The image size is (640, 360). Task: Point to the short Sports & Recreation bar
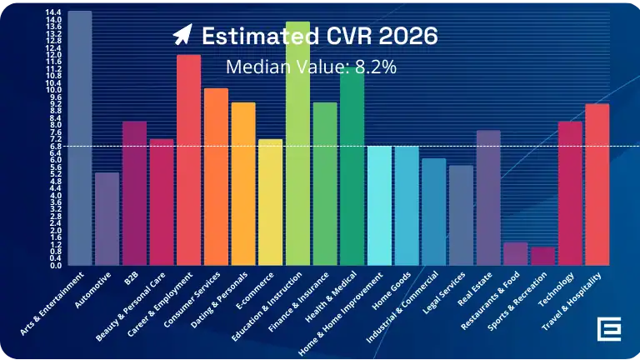coord(542,256)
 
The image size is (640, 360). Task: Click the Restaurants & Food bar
coord(515,253)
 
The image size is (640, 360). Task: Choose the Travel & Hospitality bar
coord(597,184)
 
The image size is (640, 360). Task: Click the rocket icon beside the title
coord(182,36)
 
